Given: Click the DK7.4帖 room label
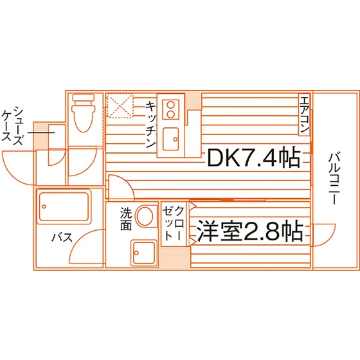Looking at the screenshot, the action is [x=254, y=157].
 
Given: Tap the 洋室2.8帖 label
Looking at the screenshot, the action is [x=250, y=231].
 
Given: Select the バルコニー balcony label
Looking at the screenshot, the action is [x=334, y=179].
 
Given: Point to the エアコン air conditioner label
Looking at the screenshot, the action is [x=304, y=115].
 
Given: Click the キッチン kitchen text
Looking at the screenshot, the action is [x=151, y=124].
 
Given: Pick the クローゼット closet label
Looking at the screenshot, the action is [x=174, y=224].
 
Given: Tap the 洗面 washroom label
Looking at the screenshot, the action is [x=126, y=219].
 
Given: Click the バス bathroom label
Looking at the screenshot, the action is [x=62, y=237].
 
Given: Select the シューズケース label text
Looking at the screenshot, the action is [x=12, y=125].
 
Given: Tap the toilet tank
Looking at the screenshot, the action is [x=84, y=98].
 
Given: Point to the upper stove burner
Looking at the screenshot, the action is [x=170, y=105].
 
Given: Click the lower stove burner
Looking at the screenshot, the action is [x=170, y=114].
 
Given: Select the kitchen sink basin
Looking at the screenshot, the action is [x=170, y=139].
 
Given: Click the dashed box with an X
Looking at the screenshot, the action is [x=120, y=105].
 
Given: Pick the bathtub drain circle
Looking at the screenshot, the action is [x=44, y=206].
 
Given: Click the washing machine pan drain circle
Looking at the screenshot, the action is [x=136, y=253].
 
